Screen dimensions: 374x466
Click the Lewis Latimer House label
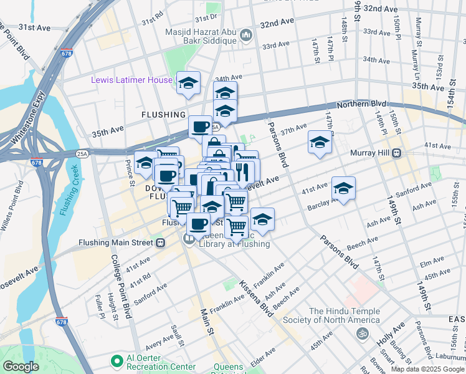[x=131, y=80]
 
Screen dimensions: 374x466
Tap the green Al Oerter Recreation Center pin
[x=115, y=361]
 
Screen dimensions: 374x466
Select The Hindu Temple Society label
[x=344, y=315]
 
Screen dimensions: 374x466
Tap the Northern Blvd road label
[x=361, y=104]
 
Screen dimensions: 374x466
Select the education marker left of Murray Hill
[x=320, y=142]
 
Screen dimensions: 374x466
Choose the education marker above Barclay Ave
[x=343, y=188]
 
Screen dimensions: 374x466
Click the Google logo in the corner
[x=21, y=367]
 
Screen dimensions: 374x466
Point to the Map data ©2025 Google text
[x=427, y=369]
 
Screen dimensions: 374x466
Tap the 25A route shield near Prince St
[x=83, y=153]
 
